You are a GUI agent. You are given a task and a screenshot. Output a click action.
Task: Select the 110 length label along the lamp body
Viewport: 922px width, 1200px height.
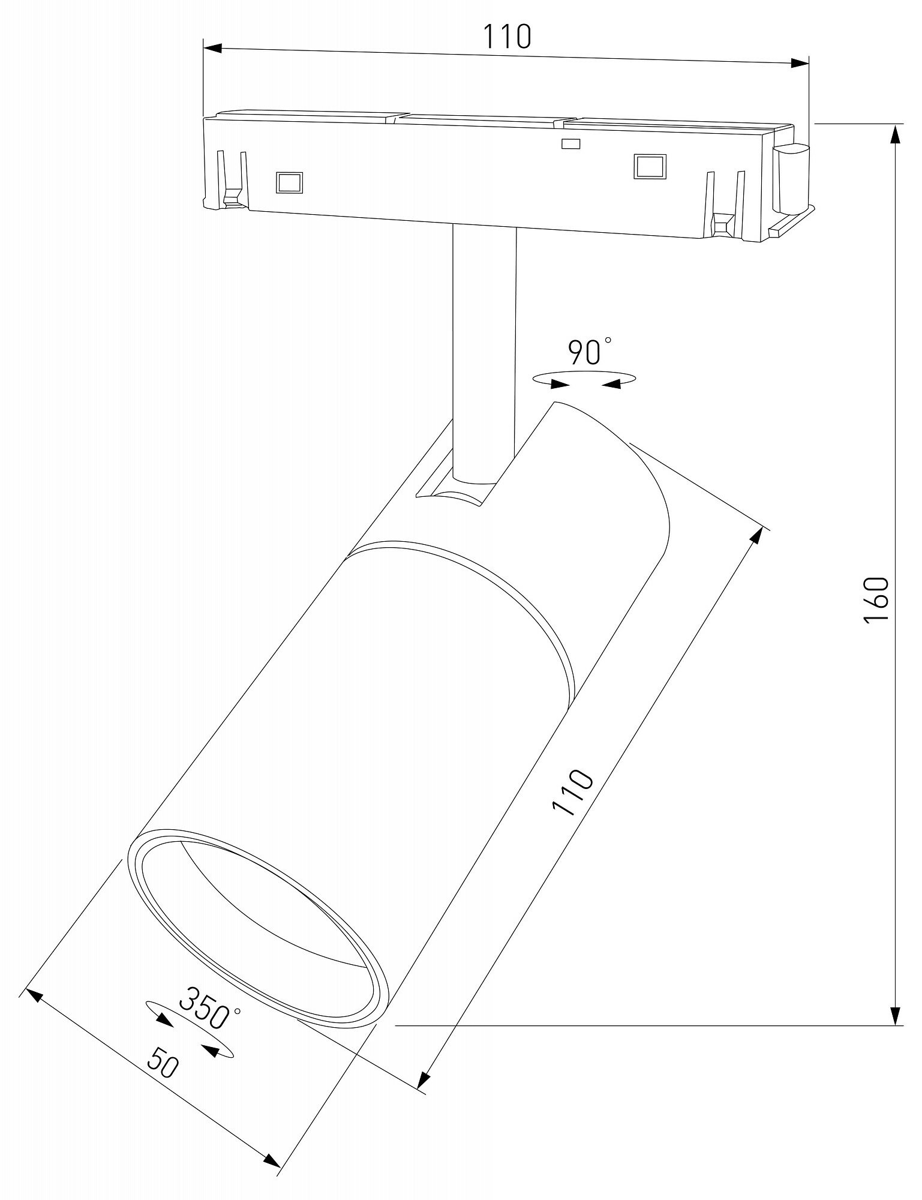573,791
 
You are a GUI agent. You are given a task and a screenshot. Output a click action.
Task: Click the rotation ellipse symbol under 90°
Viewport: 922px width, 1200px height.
584,380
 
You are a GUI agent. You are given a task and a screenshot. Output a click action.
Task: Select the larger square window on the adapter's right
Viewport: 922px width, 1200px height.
650,166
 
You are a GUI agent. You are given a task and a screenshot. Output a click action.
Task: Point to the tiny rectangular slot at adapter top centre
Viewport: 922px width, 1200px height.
570,143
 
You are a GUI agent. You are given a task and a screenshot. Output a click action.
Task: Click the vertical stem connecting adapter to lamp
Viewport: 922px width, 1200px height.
484,348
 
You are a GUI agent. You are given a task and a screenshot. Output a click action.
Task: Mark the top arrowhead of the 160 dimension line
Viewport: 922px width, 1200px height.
896,136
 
